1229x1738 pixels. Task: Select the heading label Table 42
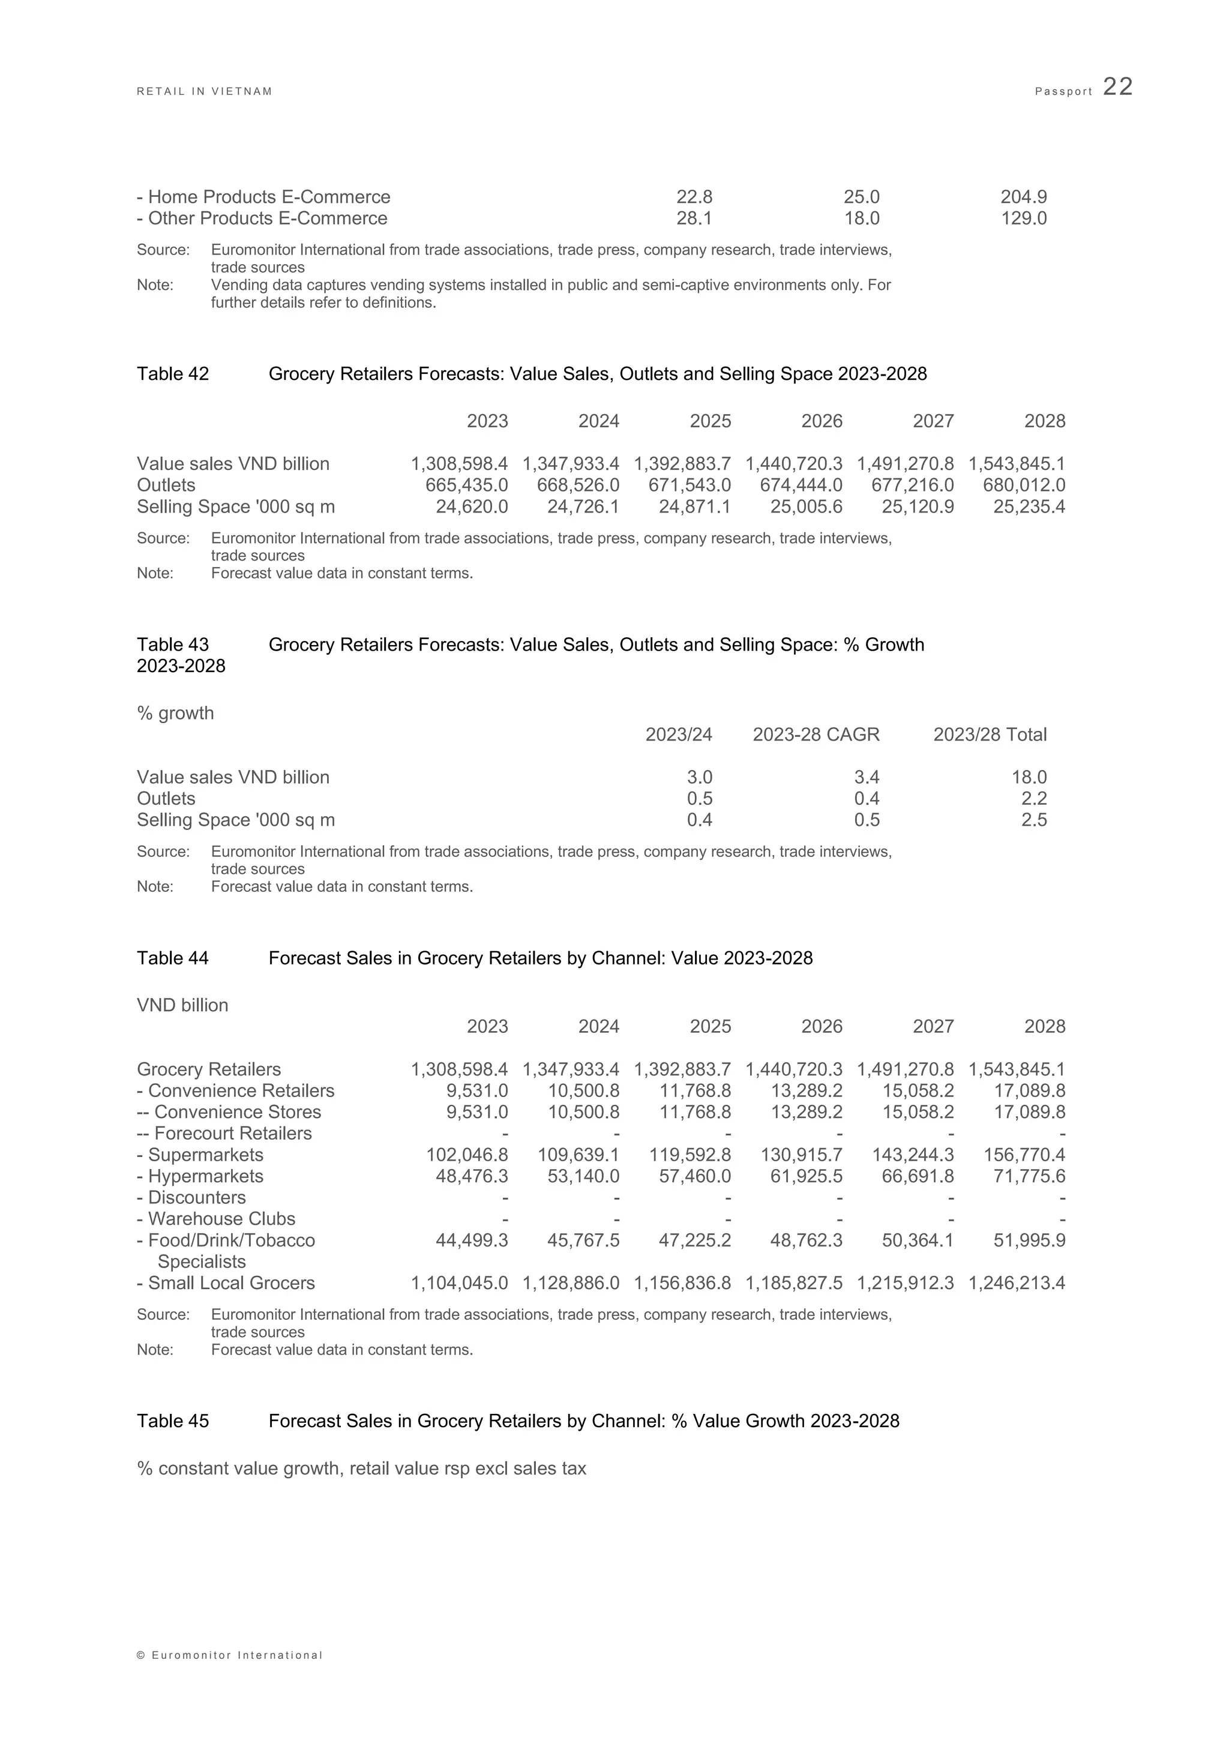tap(173, 374)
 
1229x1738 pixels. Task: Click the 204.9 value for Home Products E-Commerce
tap(1023, 197)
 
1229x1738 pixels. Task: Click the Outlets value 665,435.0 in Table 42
tap(466, 486)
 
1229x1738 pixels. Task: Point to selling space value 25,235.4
tap(1029, 507)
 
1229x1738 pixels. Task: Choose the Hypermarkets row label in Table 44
tap(200, 1176)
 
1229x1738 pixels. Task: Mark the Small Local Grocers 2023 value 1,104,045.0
tap(459, 1283)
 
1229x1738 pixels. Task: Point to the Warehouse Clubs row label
tap(217, 1219)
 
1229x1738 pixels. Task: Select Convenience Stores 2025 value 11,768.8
tap(690, 1112)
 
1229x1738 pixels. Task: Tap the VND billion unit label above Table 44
tap(182, 1005)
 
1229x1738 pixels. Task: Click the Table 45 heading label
tap(173, 1421)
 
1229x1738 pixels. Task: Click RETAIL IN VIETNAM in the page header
tap(204, 92)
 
